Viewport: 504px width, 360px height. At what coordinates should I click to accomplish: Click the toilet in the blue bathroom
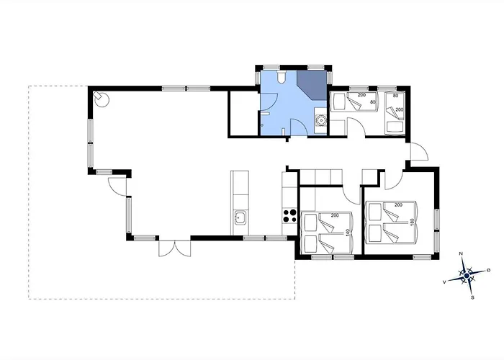click(x=282, y=77)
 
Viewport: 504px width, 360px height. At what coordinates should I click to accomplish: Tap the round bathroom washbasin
click(x=320, y=120)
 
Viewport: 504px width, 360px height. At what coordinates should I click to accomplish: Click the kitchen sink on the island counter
click(x=240, y=217)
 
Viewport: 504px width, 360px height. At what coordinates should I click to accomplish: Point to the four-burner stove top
click(x=289, y=215)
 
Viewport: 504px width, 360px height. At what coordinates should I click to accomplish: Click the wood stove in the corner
click(x=102, y=99)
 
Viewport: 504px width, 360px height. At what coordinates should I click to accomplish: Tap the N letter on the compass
click(x=461, y=254)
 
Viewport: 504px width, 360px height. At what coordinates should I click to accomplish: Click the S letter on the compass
click(x=472, y=297)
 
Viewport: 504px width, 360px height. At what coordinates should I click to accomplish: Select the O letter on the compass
click(x=489, y=270)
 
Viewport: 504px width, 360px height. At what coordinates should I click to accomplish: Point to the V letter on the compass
click(x=444, y=282)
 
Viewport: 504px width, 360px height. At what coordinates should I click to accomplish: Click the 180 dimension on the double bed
click(x=411, y=222)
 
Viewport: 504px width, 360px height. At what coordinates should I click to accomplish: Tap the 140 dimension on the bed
click(x=347, y=233)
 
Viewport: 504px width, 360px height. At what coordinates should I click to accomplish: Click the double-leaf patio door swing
click(x=174, y=249)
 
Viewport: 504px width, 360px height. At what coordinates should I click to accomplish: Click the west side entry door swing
click(x=117, y=186)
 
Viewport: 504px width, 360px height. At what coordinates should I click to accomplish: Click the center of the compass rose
click(x=467, y=276)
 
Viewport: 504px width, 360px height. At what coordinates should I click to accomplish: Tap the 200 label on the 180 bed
click(x=398, y=204)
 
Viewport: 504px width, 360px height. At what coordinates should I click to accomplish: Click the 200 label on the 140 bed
click(x=335, y=215)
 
